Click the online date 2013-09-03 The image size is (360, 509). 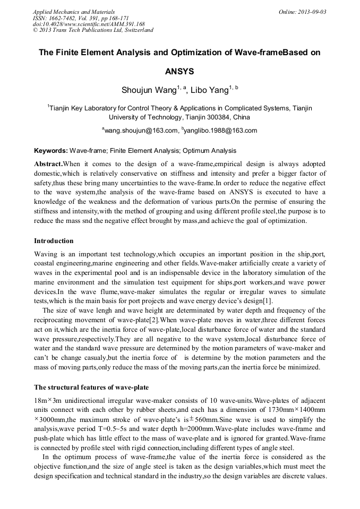tap(312, 11)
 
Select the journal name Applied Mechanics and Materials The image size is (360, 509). tap(74, 11)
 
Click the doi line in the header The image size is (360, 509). tap(89, 24)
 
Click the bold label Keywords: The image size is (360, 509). tap(51, 151)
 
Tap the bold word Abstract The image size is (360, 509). tap(48, 164)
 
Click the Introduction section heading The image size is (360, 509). tap(54, 240)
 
